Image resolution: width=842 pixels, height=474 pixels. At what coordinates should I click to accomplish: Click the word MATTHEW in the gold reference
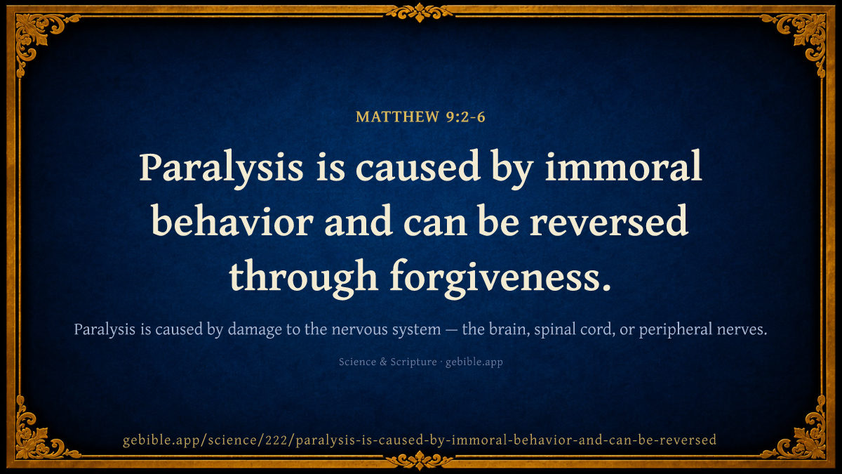(x=397, y=117)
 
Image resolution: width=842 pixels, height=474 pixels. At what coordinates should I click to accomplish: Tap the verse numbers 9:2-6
(x=466, y=117)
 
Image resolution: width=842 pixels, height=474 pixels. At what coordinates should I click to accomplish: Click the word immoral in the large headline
(x=623, y=166)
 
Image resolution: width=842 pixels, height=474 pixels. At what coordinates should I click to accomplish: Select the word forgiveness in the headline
(x=500, y=277)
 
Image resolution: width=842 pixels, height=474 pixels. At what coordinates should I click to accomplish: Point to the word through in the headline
(x=303, y=277)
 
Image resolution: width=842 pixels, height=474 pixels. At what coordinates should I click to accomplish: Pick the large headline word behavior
(x=232, y=222)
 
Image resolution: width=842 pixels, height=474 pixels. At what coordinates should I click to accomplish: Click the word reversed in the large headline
(x=609, y=222)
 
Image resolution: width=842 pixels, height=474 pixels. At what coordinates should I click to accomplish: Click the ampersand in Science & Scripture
(x=383, y=362)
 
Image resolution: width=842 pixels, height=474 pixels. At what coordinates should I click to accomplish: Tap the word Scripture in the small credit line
(x=413, y=362)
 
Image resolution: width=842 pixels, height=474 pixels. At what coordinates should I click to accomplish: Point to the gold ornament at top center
(x=420, y=12)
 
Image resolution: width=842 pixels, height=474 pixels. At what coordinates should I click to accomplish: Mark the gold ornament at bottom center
(x=420, y=461)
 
